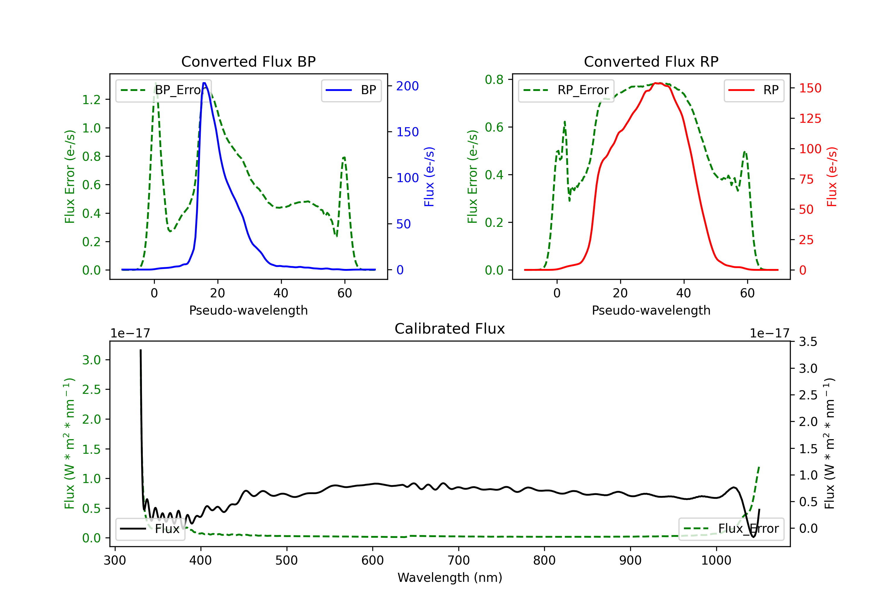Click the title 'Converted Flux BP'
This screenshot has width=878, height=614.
(x=248, y=61)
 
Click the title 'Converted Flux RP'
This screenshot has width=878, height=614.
(x=651, y=61)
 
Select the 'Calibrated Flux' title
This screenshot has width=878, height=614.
(x=450, y=329)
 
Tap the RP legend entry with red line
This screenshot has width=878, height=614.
(x=754, y=90)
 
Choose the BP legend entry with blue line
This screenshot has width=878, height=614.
(x=351, y=90)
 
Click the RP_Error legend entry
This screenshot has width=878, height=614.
(x=566, y=90)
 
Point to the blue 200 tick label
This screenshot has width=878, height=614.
(x=407, y=86)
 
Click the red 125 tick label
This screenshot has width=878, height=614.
(x=810, y=118)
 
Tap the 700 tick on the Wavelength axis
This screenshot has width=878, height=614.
(x=459, y=560)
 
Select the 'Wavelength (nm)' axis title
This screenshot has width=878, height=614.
(x=450, y=578)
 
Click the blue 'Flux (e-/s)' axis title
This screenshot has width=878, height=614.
(x=429, y=177)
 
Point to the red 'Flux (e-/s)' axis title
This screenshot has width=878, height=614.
(x=832, y=177)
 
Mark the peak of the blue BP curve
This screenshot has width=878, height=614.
(x=204, y=83)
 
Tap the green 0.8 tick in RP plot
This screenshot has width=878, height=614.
(x=494, y=80)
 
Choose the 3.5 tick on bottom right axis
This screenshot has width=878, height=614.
(x=808, y=342)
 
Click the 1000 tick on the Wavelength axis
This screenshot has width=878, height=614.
(x=716, y=560)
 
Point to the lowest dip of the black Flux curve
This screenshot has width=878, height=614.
(x=753, y=537)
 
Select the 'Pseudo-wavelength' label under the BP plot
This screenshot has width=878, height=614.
(x=248, y=310)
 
